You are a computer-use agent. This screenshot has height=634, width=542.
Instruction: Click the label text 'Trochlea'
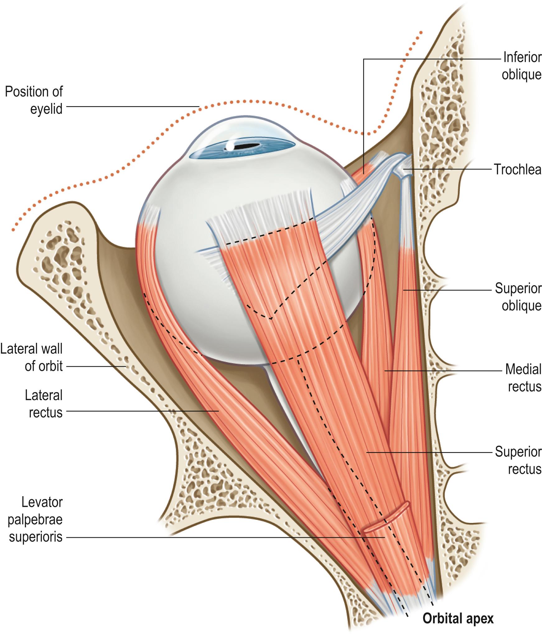518,170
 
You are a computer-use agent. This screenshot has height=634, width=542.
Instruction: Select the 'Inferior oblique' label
522,66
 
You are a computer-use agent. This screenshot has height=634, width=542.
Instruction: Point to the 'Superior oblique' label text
518,297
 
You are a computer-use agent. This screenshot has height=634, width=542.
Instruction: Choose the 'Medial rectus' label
523,378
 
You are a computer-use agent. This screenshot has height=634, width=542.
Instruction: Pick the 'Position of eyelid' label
34,100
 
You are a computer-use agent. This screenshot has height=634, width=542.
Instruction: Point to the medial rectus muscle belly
376,342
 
